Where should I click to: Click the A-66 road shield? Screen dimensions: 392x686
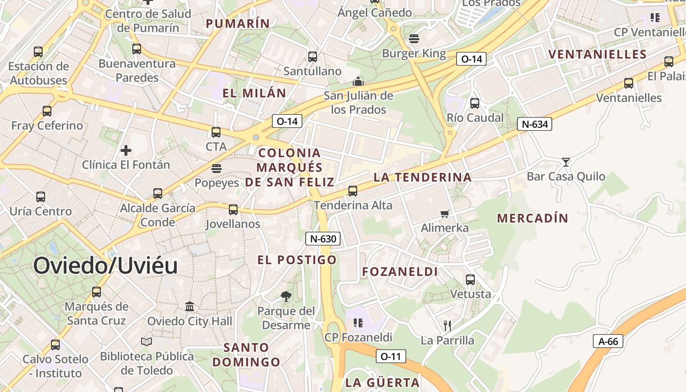click(x=609, y=341)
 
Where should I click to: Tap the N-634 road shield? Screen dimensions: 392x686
click(x=535, y=124)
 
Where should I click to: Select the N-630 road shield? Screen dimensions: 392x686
click(x=323, y=239)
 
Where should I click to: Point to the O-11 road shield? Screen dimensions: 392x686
click(x=391, y=356)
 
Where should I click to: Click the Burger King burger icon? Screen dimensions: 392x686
click(x=414, y=39)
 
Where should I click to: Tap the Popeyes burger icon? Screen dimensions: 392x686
click(x=217, y=169)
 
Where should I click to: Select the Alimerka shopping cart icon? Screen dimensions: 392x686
click(x=445, y=213)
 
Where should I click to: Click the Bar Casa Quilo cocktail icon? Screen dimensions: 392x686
click(x=566, y=162)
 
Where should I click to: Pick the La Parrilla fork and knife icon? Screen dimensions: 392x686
click(x=447, y=325)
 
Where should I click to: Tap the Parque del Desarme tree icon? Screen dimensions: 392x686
click(x=286, y=296)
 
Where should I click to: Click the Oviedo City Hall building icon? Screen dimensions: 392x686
click(x=190, y=306)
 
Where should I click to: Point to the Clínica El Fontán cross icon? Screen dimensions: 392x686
click(x=126, y=150)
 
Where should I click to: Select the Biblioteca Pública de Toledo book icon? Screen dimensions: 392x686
click(x=147, y=342)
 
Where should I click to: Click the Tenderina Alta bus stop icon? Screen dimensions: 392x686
click(x=353, y=191)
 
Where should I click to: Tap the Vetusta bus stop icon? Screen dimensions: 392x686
click(x=470, y=280)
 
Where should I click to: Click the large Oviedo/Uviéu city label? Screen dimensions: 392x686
click(x=105, y=266)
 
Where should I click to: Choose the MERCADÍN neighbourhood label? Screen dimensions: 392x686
click(x=533, y=219)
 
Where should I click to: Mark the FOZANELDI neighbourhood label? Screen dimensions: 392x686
click(x=400, y=271)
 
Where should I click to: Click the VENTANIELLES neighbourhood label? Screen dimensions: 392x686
click(x=597, y=54)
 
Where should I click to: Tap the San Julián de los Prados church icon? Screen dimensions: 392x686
click(x=359, y=81)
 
